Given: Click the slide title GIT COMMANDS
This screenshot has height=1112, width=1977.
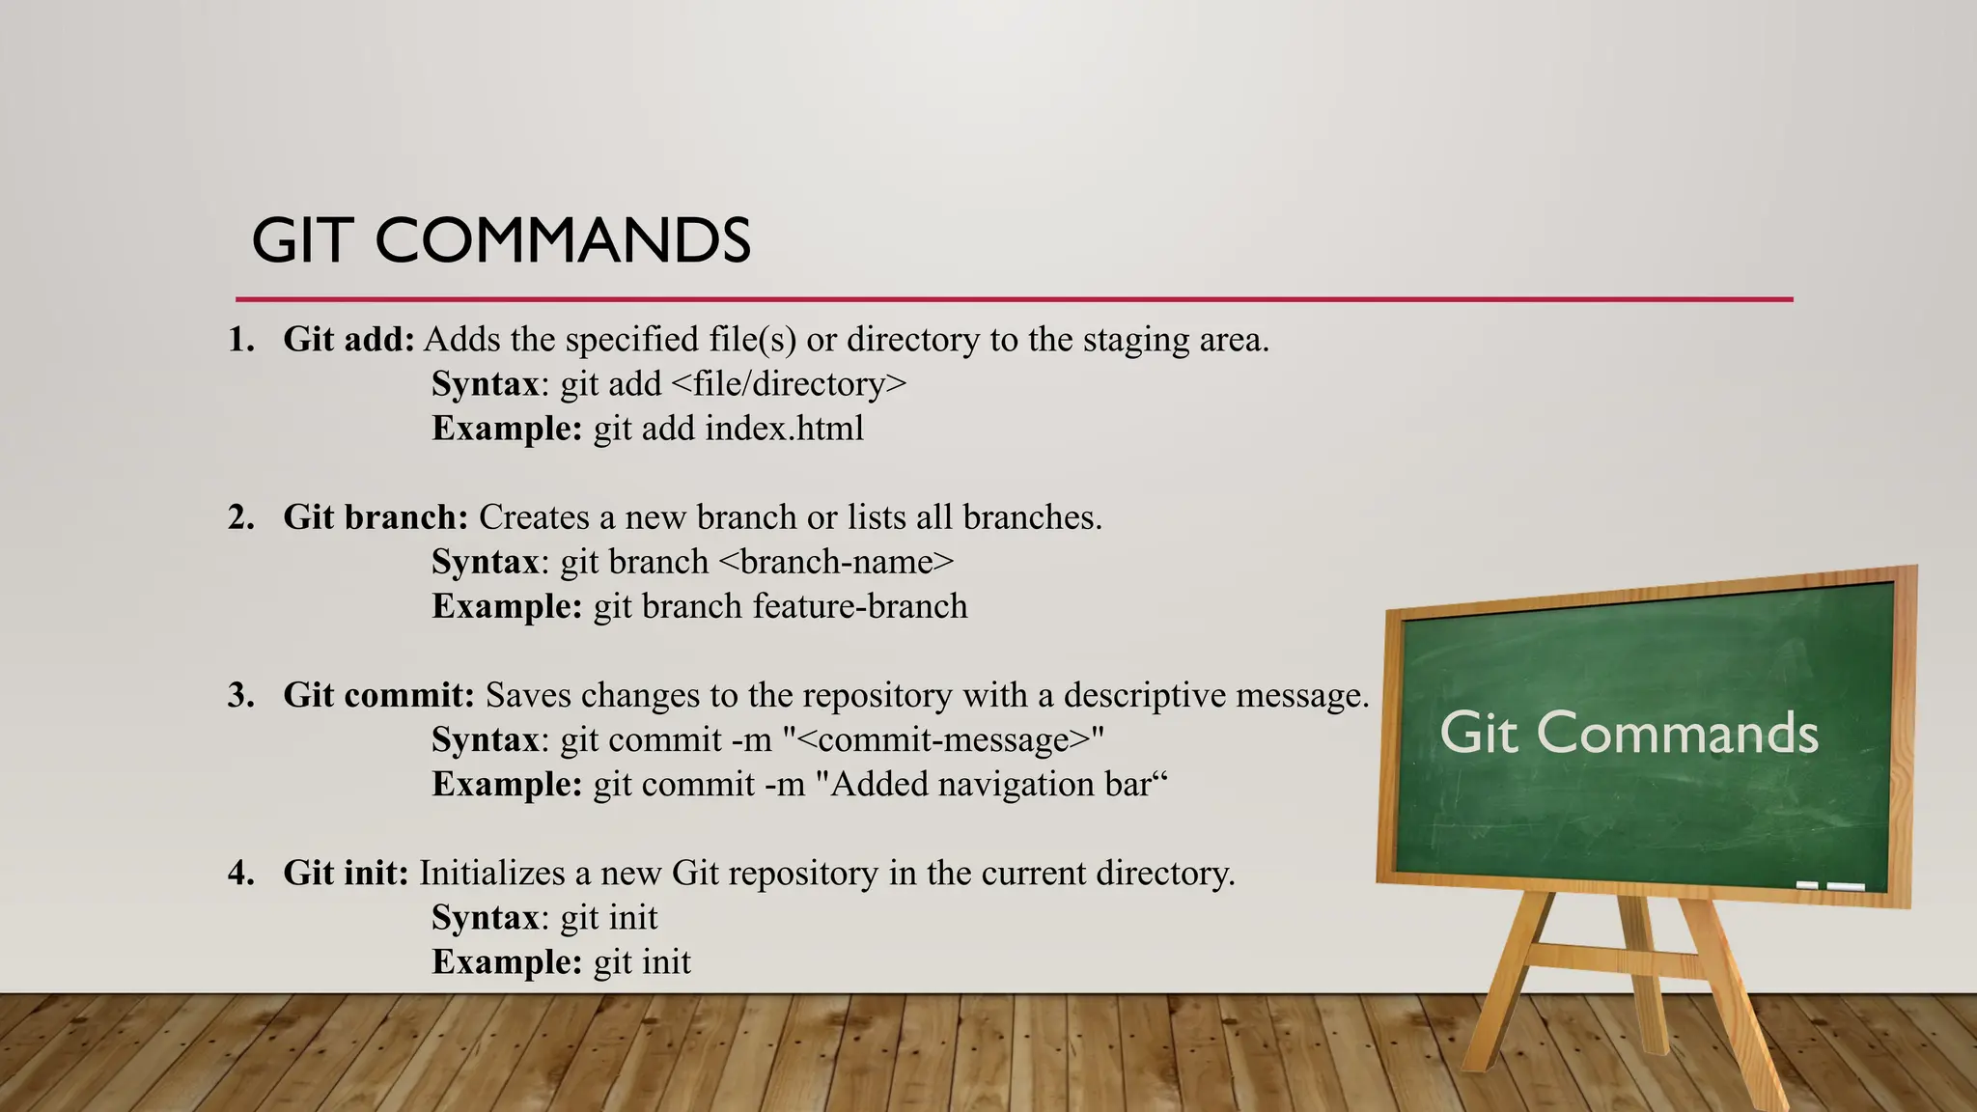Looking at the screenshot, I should tap(501, 240).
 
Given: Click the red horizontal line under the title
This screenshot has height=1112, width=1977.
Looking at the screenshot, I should tap(1014, 299).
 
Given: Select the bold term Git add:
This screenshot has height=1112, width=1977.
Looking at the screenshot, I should tap(348, 340).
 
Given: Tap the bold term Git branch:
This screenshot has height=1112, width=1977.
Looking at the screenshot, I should tap(376, 517).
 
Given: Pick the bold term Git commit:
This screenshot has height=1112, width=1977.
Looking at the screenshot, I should tap(378, 695).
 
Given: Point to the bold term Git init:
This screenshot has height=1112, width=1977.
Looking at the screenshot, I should tap(346, 873).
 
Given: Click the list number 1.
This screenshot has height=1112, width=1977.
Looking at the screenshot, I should tap(240, 340).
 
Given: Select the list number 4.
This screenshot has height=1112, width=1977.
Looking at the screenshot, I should tap(240, 873).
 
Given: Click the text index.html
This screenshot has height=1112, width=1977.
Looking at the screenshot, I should tap(784, 429).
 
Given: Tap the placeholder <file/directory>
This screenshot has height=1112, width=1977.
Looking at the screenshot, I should tap(788, 384).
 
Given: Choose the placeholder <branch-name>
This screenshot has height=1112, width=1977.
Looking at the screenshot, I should tap(836, 562).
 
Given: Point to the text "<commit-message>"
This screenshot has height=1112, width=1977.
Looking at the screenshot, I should tap(943, 739).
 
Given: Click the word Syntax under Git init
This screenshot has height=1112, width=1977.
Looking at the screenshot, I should tap(485, 917).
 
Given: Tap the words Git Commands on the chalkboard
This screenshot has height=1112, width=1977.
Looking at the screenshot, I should tap(1629, 733).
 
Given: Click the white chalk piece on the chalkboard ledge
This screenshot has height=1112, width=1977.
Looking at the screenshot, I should tap(1845, 886).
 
